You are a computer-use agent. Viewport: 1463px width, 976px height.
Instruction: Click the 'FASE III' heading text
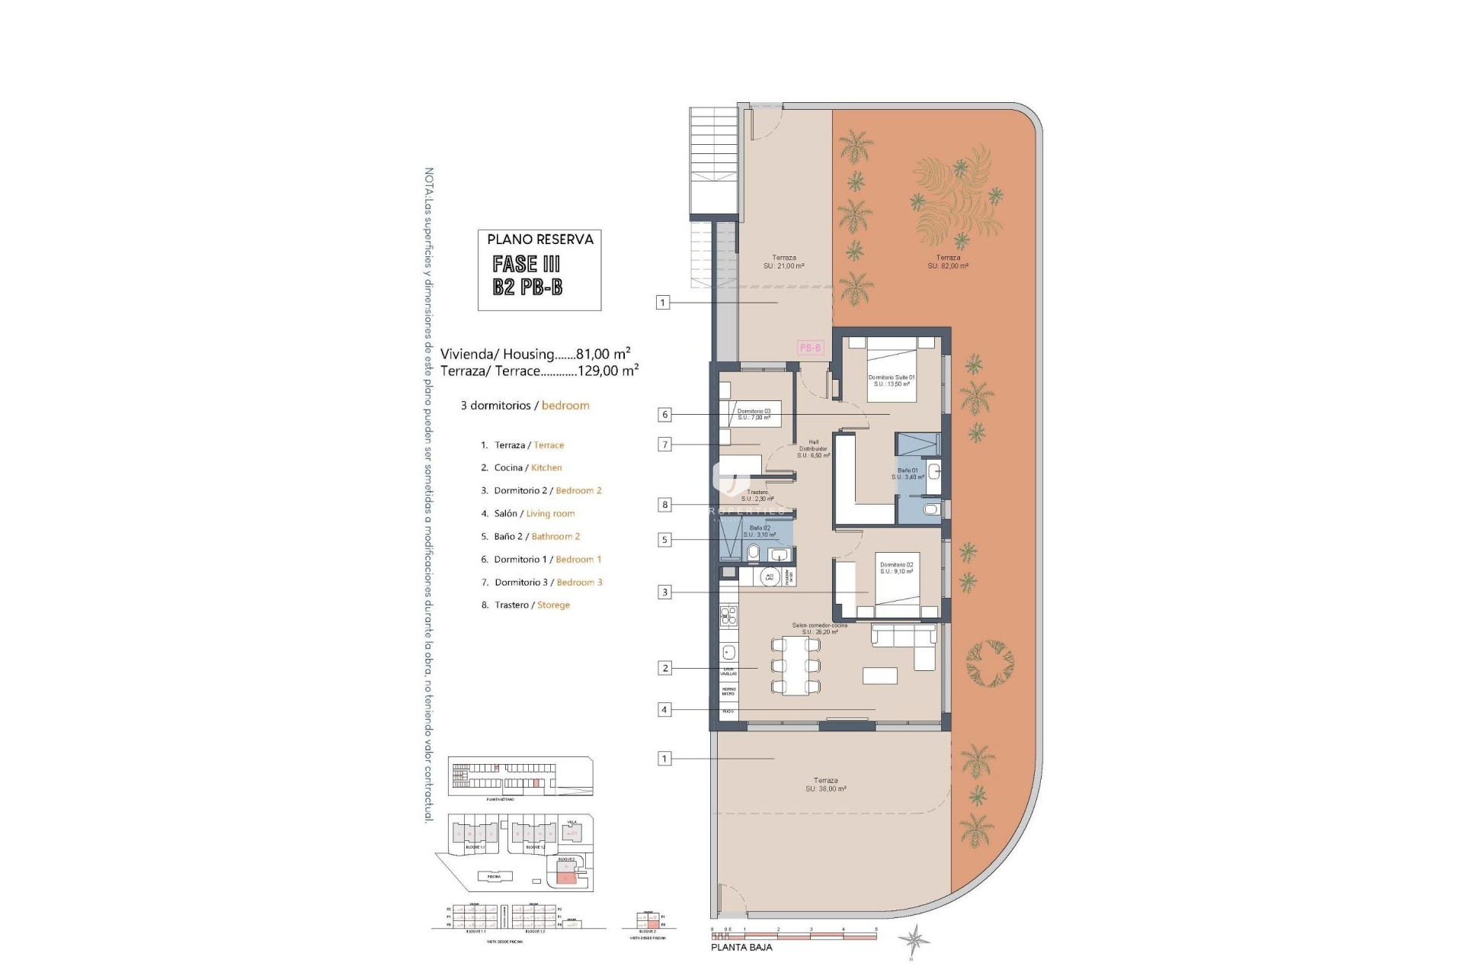[x=527, y=264]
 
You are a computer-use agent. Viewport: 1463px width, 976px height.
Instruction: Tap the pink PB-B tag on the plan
[x=810, y=348]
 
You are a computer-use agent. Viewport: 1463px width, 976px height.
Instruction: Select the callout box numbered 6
[x=665, y=415]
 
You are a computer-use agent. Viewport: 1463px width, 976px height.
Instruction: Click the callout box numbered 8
[x=665, y=504]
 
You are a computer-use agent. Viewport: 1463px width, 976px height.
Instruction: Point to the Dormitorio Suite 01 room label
[x=891, y=380]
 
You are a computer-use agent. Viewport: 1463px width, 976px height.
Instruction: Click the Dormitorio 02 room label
[x=896, y=568]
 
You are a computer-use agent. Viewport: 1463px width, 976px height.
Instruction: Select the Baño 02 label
[x=759, y=531]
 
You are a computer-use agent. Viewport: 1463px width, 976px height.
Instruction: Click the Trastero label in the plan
[x=757, y=496]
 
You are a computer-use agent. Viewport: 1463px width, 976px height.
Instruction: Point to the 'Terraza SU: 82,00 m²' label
[x=948, y=262]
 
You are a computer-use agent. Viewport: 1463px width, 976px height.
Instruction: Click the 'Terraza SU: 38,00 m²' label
[x=825, y=785]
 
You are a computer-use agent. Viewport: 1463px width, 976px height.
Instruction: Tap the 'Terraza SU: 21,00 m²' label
[x=783, y=262]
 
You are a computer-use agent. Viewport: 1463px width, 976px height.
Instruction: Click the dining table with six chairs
[x=796, y=665]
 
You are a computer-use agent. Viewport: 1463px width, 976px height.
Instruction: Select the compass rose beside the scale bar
[x=913, y=939]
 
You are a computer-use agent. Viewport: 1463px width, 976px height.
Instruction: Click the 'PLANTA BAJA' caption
[x=741, y=947]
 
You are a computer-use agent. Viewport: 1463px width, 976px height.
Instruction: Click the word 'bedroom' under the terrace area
[x=565, y=406]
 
